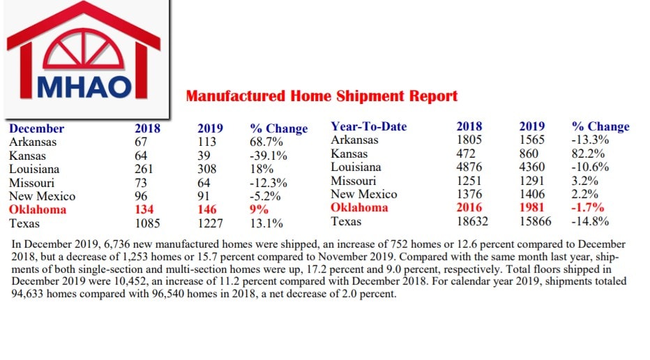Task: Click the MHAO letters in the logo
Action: pos(84,84)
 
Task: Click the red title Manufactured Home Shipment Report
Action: pos(322,96)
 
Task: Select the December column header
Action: pos(36,128)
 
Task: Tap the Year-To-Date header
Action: pos(368,127)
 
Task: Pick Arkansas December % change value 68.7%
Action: pos(266,142)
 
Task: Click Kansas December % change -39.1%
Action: pos(268,156)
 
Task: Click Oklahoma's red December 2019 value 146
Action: pos(207,210)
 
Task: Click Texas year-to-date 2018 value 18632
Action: pos(472,222)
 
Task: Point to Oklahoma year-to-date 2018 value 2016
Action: pos(469,208)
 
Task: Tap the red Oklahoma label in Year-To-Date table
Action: pos(360,208)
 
